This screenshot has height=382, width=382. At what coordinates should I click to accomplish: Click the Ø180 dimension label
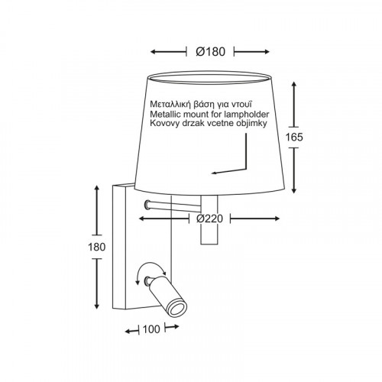[x=211, y=52]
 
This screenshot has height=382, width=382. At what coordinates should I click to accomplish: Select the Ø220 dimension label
[x=209, y=219]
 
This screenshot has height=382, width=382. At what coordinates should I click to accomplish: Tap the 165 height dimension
[x=294, y=138]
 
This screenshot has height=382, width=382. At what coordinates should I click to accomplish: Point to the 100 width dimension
[x=151, y=329]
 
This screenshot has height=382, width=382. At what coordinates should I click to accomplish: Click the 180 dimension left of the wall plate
[x=97, y=247]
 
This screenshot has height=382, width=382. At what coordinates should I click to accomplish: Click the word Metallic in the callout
[x=166, y=114]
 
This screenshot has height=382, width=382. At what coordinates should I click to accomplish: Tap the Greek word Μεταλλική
[x=170, y=105]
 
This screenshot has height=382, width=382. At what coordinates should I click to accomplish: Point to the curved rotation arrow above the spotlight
[x=151, y=267]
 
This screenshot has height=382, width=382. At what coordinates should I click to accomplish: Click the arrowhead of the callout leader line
[x=214, y=173]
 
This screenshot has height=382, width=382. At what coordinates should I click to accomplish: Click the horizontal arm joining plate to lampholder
[x=173, y=206]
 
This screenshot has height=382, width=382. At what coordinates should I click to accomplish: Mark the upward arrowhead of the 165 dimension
[x=294, y=85]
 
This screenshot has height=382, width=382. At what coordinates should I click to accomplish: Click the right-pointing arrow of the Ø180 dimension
[x=251, y=52]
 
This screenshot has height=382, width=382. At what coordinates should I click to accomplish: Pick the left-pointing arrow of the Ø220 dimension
[x=164, y=219]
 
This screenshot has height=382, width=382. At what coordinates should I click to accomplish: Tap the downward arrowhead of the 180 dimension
[x=96, y=306]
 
